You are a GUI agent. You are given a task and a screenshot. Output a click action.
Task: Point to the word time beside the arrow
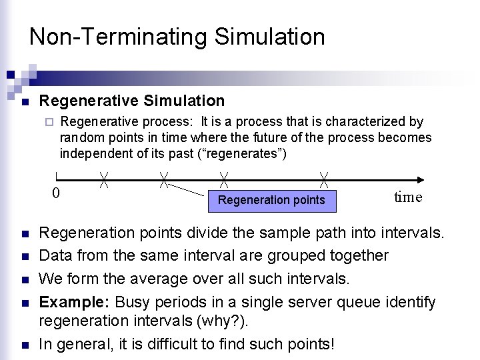(x=407, y=197)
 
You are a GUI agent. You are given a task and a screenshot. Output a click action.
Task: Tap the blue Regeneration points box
(x=272, y=199)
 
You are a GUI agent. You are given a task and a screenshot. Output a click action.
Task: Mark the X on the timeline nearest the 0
(x=105, y=179)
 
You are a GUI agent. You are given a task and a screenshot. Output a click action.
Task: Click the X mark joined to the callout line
(x=163, y=179)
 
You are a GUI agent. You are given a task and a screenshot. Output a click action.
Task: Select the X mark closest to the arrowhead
(x=324, y=179)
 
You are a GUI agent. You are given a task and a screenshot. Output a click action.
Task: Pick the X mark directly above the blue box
(x=225, y=179)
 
